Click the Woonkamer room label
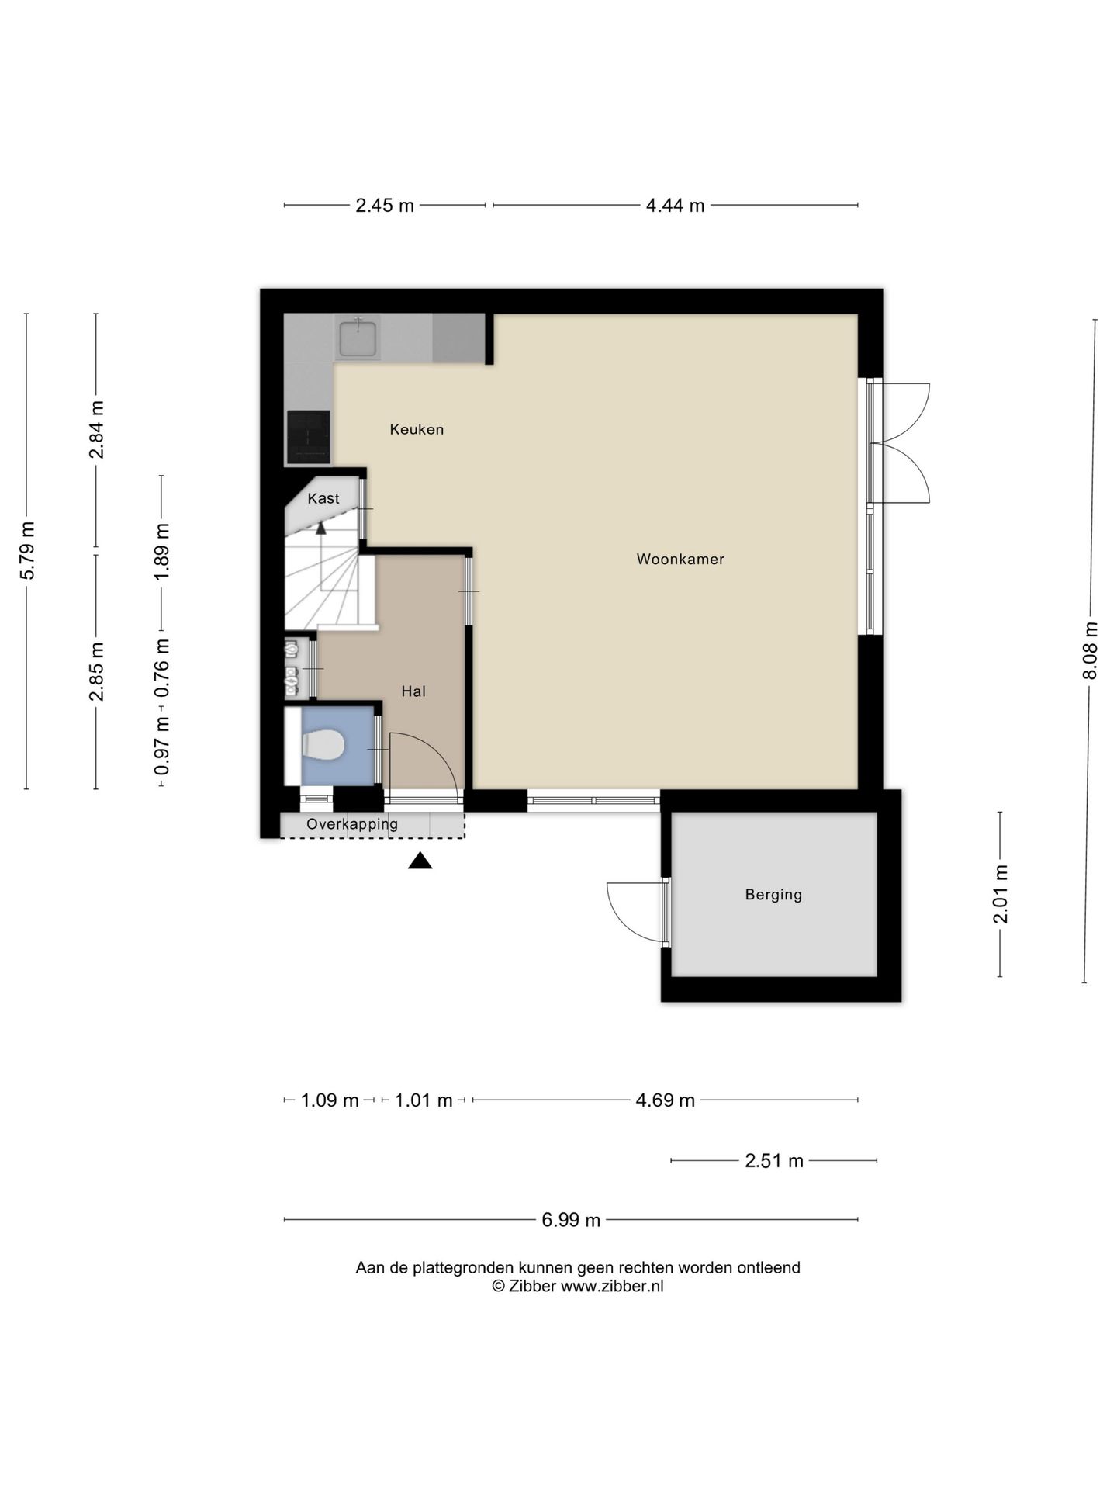pos(680,559)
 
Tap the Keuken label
pos(417,429)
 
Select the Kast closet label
pos(323,498)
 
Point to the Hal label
pos(413,691)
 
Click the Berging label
pos(773,895)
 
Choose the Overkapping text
pos(352,824)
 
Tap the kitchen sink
pos(358,338)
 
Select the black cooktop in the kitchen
pos(308,436)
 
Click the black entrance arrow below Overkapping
pos(420,861)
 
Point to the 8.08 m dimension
pos(1091,650)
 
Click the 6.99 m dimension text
pos(571,1220)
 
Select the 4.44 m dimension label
pos(675,206)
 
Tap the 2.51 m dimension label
pos(774,1161)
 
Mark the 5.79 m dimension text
pos(28,550)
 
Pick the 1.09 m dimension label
pos(330,1100)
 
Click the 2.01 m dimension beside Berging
pos(1001,894)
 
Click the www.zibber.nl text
pos(612,1286)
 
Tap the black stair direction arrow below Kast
pos(320,528)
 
